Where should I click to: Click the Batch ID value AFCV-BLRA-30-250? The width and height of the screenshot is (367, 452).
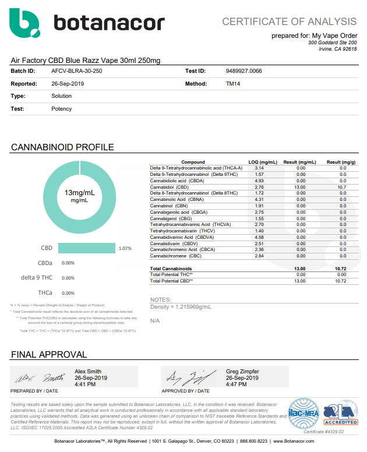click(x=76, y=71)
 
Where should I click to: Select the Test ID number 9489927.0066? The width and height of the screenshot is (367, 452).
click(x=244, y=71)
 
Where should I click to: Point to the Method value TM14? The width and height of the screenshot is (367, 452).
click(x=233, y=84)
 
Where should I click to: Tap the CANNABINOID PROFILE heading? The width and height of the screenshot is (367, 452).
click(x=62, y=147)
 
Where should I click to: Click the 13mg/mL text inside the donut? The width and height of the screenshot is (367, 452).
click(x=79, y=193)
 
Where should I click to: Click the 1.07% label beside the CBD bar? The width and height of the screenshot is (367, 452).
click(x=125, y=249)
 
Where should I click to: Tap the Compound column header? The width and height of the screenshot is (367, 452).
click(x=193, y=162)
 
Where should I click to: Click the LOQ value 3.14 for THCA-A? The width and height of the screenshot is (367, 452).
click(x=260, y=168)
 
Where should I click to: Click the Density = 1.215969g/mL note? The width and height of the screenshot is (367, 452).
click(x=181, y=306)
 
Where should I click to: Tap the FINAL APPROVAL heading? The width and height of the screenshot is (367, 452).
click(x=49, y=354)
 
